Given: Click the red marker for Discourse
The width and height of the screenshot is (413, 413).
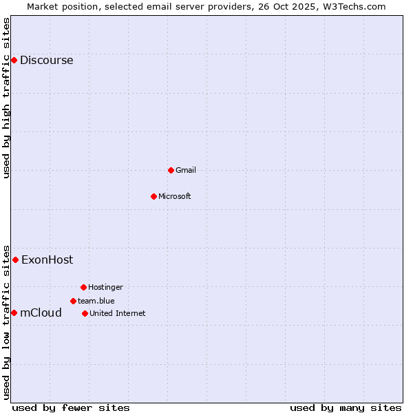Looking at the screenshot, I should coord(14,61).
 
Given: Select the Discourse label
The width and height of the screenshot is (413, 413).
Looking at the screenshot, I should coord(46,61).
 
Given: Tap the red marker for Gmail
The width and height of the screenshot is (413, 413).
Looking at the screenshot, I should coord(171,170).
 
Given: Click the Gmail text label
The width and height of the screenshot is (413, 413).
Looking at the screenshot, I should coord(185,170).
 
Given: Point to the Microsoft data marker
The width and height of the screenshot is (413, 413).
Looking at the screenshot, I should coord(153,196).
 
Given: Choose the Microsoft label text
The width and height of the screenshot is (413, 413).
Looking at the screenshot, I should coord(174,196).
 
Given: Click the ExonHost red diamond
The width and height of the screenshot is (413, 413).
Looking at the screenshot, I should coord(15,260).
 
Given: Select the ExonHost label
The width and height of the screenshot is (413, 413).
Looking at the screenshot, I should coord(47,260).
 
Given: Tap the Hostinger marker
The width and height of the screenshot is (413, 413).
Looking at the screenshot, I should coord(83,287).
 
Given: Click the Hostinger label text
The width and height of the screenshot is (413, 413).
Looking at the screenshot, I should coord(105,287).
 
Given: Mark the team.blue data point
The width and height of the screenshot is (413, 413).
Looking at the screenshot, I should coord(73,301).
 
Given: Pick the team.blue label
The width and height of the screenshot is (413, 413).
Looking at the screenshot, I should coord(96,301).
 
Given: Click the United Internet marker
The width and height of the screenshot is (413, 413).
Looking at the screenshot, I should coord(85,313).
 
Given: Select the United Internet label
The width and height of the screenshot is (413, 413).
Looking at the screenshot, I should coord(117,313).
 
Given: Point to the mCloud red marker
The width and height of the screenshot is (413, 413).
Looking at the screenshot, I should coord(14,313).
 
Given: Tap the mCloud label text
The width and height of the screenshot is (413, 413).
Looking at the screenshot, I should coord(41,313).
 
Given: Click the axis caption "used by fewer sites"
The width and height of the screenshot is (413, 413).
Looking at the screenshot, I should coord(71,407).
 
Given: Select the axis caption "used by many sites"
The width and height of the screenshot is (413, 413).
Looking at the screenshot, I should coord(346,407).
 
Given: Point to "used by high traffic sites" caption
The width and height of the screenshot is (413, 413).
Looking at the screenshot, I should coord(6,98).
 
